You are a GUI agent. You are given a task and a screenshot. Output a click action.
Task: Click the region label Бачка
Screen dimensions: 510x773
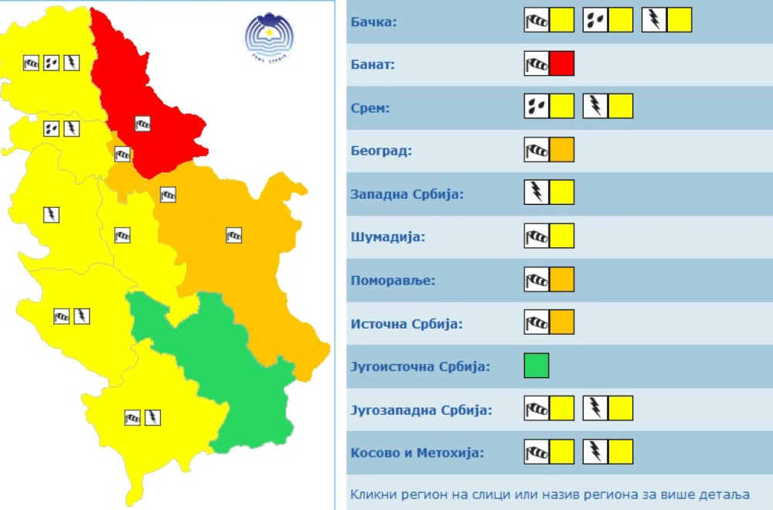(373, 22)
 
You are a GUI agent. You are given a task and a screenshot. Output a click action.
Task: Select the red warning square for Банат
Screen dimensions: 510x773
(562, 63)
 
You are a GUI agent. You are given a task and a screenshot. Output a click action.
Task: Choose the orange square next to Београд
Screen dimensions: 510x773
(562, 149)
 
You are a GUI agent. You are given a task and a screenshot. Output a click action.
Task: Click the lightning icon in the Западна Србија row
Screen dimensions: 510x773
(536, 192)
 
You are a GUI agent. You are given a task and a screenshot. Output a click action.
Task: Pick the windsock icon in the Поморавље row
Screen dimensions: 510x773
(536, 279)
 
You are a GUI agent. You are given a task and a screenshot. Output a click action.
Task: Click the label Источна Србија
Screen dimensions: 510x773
(407, 323)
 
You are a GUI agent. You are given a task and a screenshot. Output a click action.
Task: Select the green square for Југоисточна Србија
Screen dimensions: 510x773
(536, 365)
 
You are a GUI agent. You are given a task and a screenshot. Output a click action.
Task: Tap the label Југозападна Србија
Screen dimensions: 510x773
(421, 410)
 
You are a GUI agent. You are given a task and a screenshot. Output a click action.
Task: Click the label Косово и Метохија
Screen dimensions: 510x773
(417, 452)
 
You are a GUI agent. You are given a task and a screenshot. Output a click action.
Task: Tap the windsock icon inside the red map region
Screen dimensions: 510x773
(142, 123)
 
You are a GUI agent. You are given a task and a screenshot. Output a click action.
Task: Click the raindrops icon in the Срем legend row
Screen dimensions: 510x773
(536, 106)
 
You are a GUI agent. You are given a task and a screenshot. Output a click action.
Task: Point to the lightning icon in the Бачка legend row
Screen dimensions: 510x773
(654, 20)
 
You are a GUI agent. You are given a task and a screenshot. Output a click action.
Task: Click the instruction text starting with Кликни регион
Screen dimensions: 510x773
(549, 495)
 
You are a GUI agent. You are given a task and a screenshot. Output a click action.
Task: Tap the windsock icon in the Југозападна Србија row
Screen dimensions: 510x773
(536, 408)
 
